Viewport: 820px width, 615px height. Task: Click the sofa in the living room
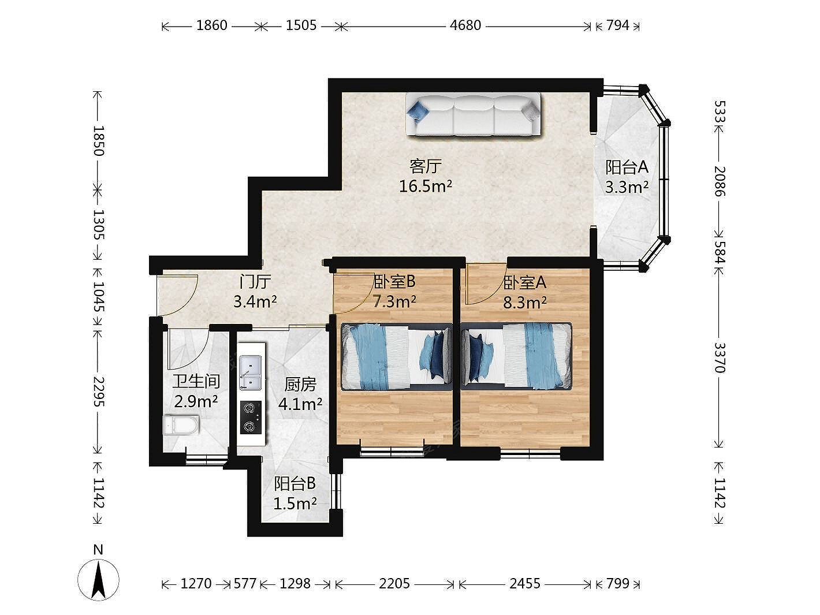474,115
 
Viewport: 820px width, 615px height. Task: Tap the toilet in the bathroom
181,425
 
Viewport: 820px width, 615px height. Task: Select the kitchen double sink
250,372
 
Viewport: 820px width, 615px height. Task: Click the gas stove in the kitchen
250,418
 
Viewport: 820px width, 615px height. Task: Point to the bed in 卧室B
397,357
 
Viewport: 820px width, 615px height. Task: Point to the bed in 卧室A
516,356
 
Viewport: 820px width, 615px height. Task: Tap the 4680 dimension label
465,25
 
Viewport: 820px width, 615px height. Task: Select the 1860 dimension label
212,25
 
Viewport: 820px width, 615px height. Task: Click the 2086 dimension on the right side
720,181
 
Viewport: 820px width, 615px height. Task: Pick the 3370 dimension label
720,357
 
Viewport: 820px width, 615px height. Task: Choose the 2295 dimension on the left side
99,391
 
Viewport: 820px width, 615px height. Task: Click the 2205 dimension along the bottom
394,583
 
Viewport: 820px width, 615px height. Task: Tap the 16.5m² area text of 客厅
426,186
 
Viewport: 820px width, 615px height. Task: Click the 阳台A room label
627,167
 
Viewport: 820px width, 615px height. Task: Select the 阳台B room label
295,484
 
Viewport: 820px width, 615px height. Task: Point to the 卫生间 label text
196,382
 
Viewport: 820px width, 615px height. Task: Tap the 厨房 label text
300,385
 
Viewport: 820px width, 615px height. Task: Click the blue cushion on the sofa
418,110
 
